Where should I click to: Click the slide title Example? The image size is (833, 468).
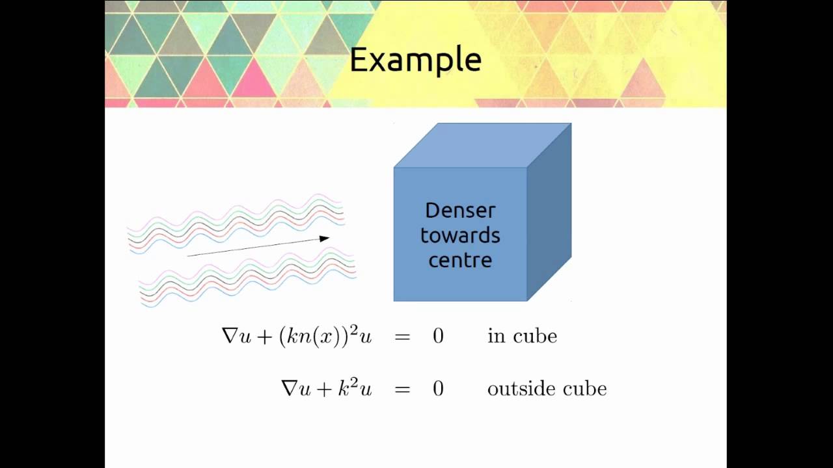pos(415,60)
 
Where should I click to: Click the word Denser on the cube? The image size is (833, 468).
pos(460,211)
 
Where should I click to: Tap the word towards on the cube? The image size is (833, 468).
pos(460,235)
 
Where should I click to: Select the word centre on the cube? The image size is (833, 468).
pos(460,260)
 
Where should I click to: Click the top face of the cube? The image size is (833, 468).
pos(482,145)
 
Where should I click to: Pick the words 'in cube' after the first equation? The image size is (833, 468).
pos(522,336)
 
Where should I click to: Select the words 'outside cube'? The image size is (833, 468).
pos(547,389)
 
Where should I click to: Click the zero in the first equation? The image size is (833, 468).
pos(438,336)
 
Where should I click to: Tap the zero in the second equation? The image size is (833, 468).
pos(438,389)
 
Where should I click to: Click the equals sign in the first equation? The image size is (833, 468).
pos(402,337)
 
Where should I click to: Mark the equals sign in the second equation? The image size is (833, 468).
pos(402,389)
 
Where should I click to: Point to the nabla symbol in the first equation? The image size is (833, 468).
pos(230,336)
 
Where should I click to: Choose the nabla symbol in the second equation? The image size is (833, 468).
pos(289,389)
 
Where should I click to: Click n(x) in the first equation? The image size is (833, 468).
pos(318,337)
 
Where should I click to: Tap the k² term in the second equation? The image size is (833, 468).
pos(346,387)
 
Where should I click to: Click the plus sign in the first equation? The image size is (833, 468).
pos(264,337)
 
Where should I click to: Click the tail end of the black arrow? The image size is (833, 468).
pos(189,255)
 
